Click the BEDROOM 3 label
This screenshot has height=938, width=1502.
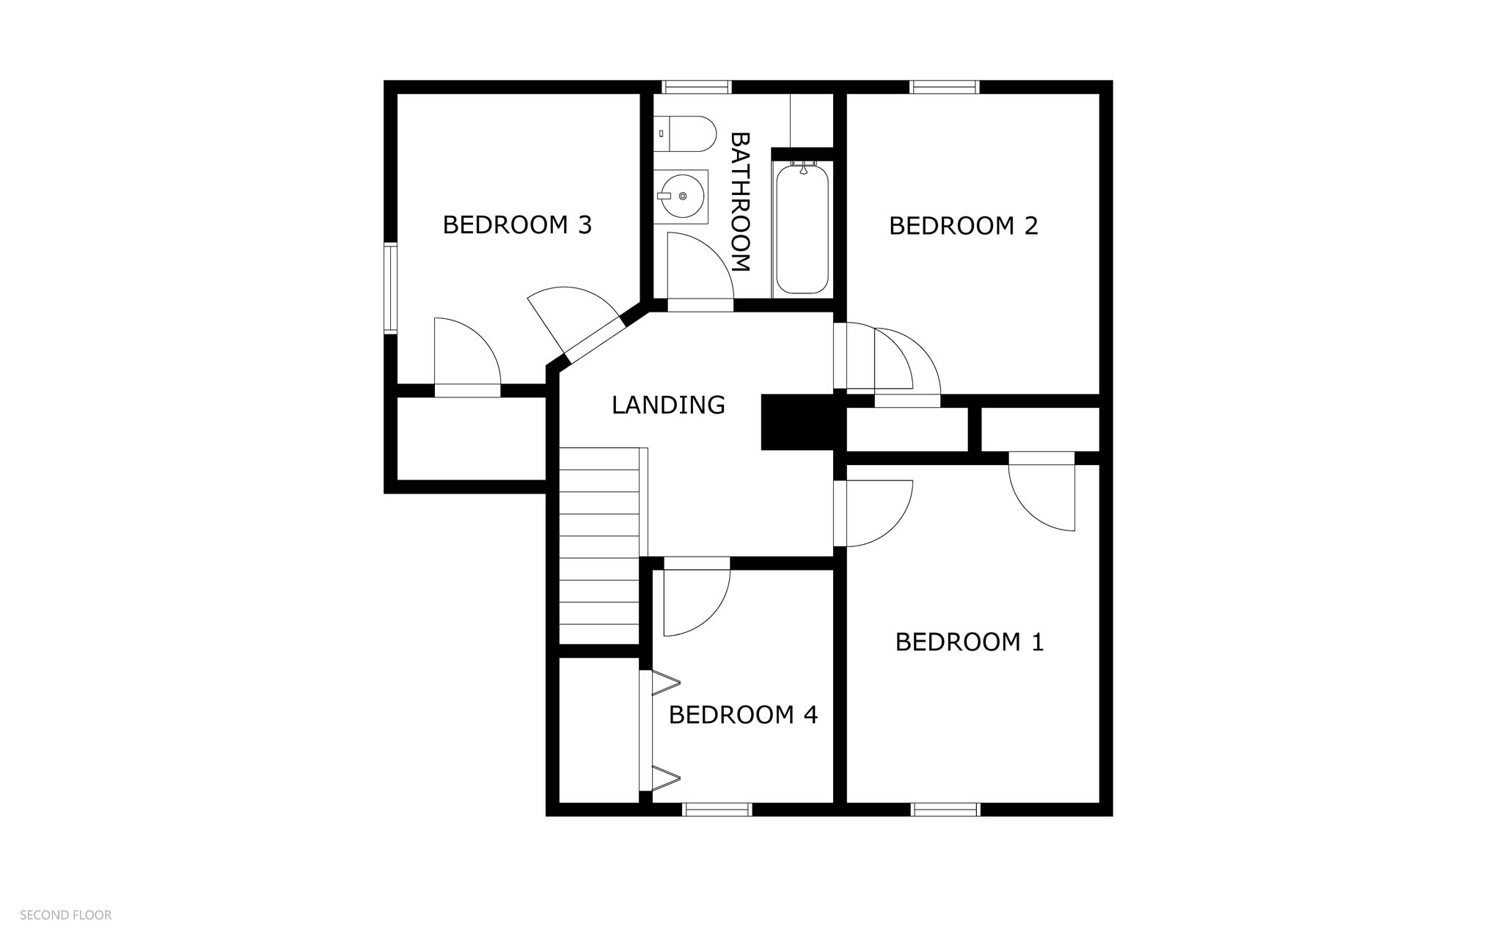(517, 224)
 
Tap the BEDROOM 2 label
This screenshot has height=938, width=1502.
(963, 225)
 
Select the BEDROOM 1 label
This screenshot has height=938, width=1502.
(969, 642)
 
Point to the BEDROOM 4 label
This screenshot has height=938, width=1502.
(742, 714)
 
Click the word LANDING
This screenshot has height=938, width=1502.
(667, 405)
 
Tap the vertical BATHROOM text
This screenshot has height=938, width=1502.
(741, 202)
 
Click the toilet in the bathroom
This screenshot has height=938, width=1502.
(685, 133)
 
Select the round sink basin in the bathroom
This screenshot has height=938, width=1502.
(682, 196)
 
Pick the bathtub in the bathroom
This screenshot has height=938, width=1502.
(802, 229)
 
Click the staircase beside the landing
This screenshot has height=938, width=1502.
(599, 546)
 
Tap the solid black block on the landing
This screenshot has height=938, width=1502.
(798, 422)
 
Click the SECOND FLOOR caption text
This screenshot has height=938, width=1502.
(65, 915)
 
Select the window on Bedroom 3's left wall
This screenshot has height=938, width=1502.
(390, 288)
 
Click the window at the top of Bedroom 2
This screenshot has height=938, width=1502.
(944, 87)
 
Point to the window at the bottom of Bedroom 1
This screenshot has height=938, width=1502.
(945, 809)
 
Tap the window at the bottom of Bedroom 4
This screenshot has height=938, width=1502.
(717, 809)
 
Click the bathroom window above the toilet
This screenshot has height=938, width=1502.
(696, 87)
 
